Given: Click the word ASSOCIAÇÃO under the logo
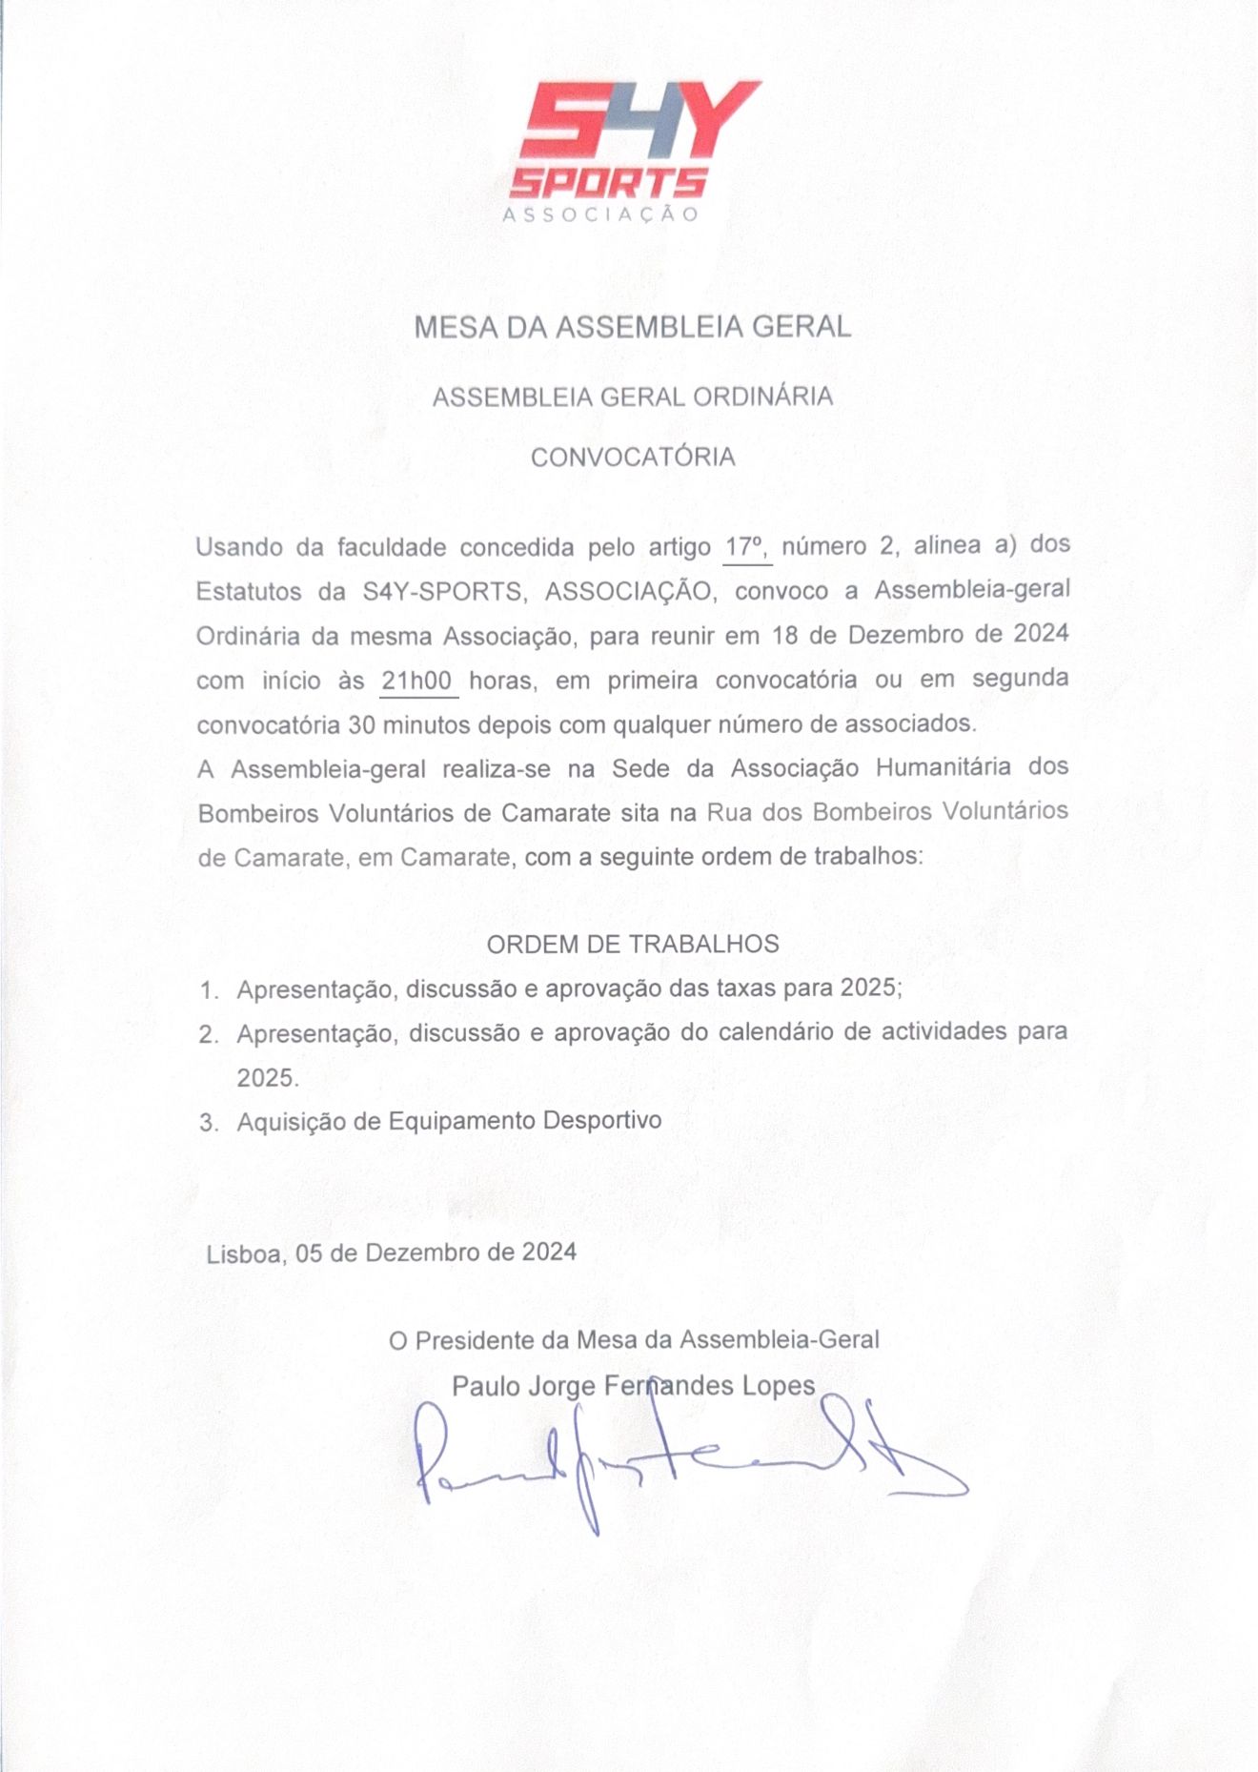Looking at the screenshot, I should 600,214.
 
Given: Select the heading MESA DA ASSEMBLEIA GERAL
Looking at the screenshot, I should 632,328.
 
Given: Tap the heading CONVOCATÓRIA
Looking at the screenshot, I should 633,458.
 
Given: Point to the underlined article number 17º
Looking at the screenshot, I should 746,547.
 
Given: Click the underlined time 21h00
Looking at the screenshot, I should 416,681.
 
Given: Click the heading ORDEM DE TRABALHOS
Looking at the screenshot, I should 633,945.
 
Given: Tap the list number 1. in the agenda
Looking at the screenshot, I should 210,991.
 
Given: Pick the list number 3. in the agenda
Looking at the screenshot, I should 210,1123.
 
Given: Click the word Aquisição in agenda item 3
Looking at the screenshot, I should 290,1122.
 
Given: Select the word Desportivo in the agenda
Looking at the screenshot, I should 602,1120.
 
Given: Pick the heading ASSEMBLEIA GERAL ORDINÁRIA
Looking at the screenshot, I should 633,397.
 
